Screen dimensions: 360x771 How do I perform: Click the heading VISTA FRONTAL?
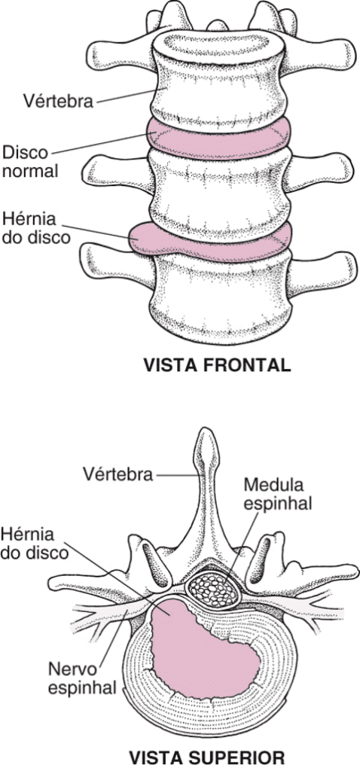pos(216,365)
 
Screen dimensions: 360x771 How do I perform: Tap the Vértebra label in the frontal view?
pos(58,101)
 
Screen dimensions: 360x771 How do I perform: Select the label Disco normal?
pos(30,162)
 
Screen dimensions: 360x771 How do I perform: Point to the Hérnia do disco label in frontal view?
pos(36,227)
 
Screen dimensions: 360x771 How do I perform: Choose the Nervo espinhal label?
pos(83,678)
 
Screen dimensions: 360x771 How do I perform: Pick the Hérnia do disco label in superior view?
pos(35,543)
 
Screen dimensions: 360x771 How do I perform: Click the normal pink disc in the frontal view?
pos(219,139)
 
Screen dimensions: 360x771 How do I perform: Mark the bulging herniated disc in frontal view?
pos(209,242)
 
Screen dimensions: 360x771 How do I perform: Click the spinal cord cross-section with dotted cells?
pos(213,589)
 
